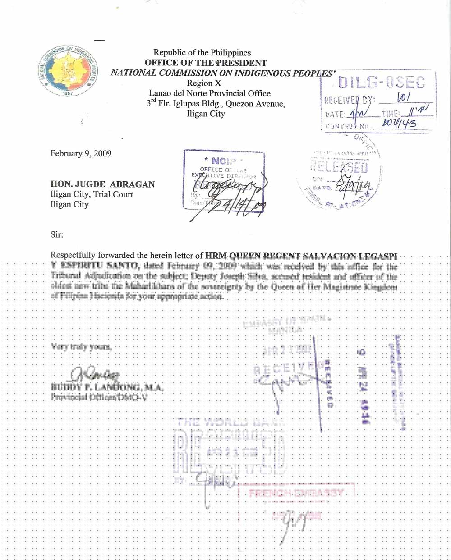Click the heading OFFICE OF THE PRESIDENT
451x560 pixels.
click(x=206, y=63)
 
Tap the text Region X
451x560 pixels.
click(x=200, y=83)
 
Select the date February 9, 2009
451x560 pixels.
click(x=81, y=153)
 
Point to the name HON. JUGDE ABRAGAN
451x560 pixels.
click(x=102, y=184)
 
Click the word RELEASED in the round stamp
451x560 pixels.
click(x=338, y=167)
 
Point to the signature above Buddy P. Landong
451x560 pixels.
click(x=95, y=374)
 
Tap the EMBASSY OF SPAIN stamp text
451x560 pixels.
click(x=284, y=322)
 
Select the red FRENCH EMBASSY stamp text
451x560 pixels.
click(x=296, y=493)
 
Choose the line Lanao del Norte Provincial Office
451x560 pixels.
click(x=210, y=93)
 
